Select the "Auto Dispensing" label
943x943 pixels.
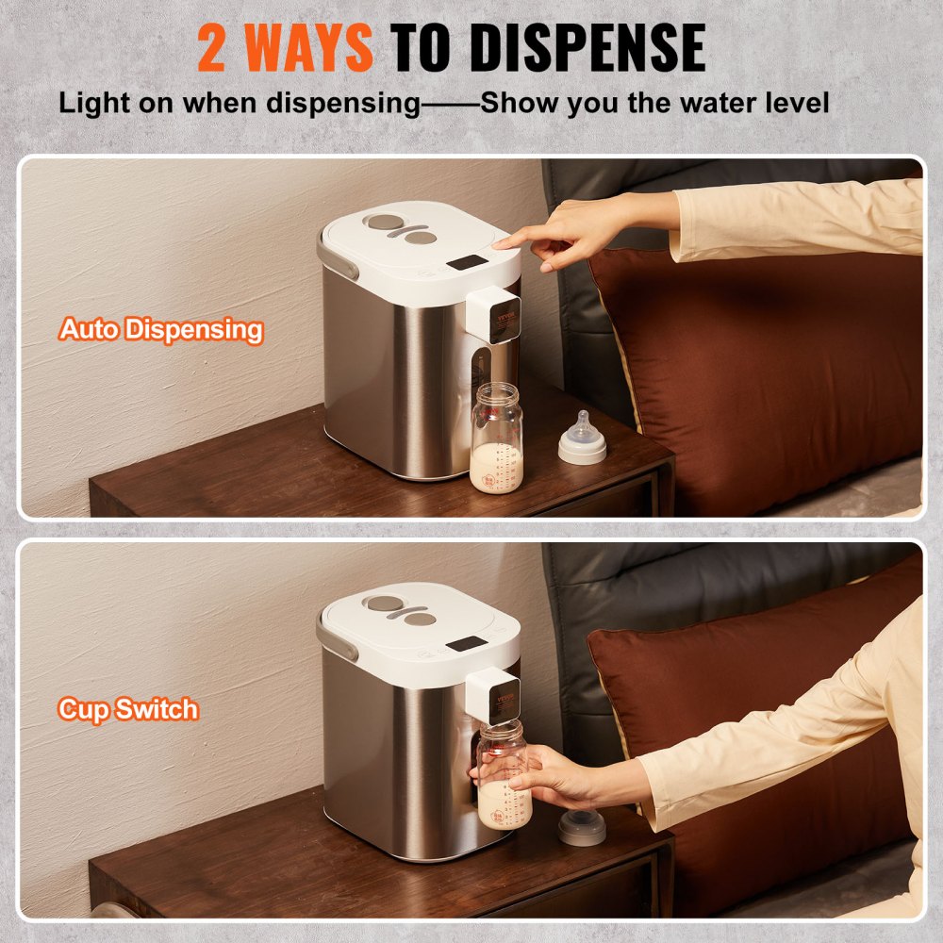(161, 330)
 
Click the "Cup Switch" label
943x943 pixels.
(129, 709)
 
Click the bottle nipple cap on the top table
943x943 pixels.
(582, 439)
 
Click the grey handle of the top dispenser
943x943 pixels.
(337, 257)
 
